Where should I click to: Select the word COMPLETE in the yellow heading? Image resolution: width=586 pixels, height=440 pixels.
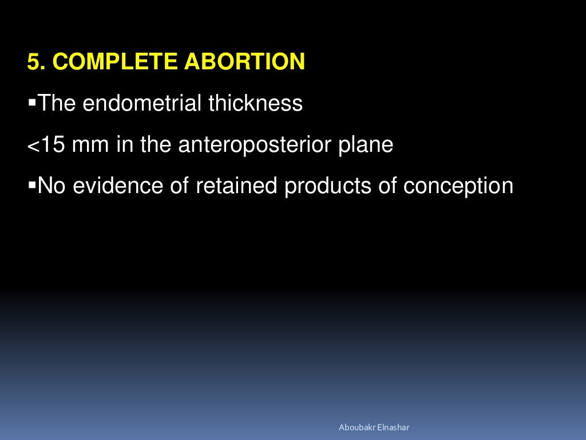tap(114, 62)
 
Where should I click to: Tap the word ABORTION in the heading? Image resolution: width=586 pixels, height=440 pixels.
tap(244, 62)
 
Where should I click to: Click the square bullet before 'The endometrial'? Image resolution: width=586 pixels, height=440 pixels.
tap(31, 103)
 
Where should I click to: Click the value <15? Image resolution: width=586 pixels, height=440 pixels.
tap(46, 145)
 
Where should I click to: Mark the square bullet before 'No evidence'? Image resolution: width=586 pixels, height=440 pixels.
tap(31, 185)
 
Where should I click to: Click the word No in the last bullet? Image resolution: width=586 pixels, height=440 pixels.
tap(50, 186)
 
